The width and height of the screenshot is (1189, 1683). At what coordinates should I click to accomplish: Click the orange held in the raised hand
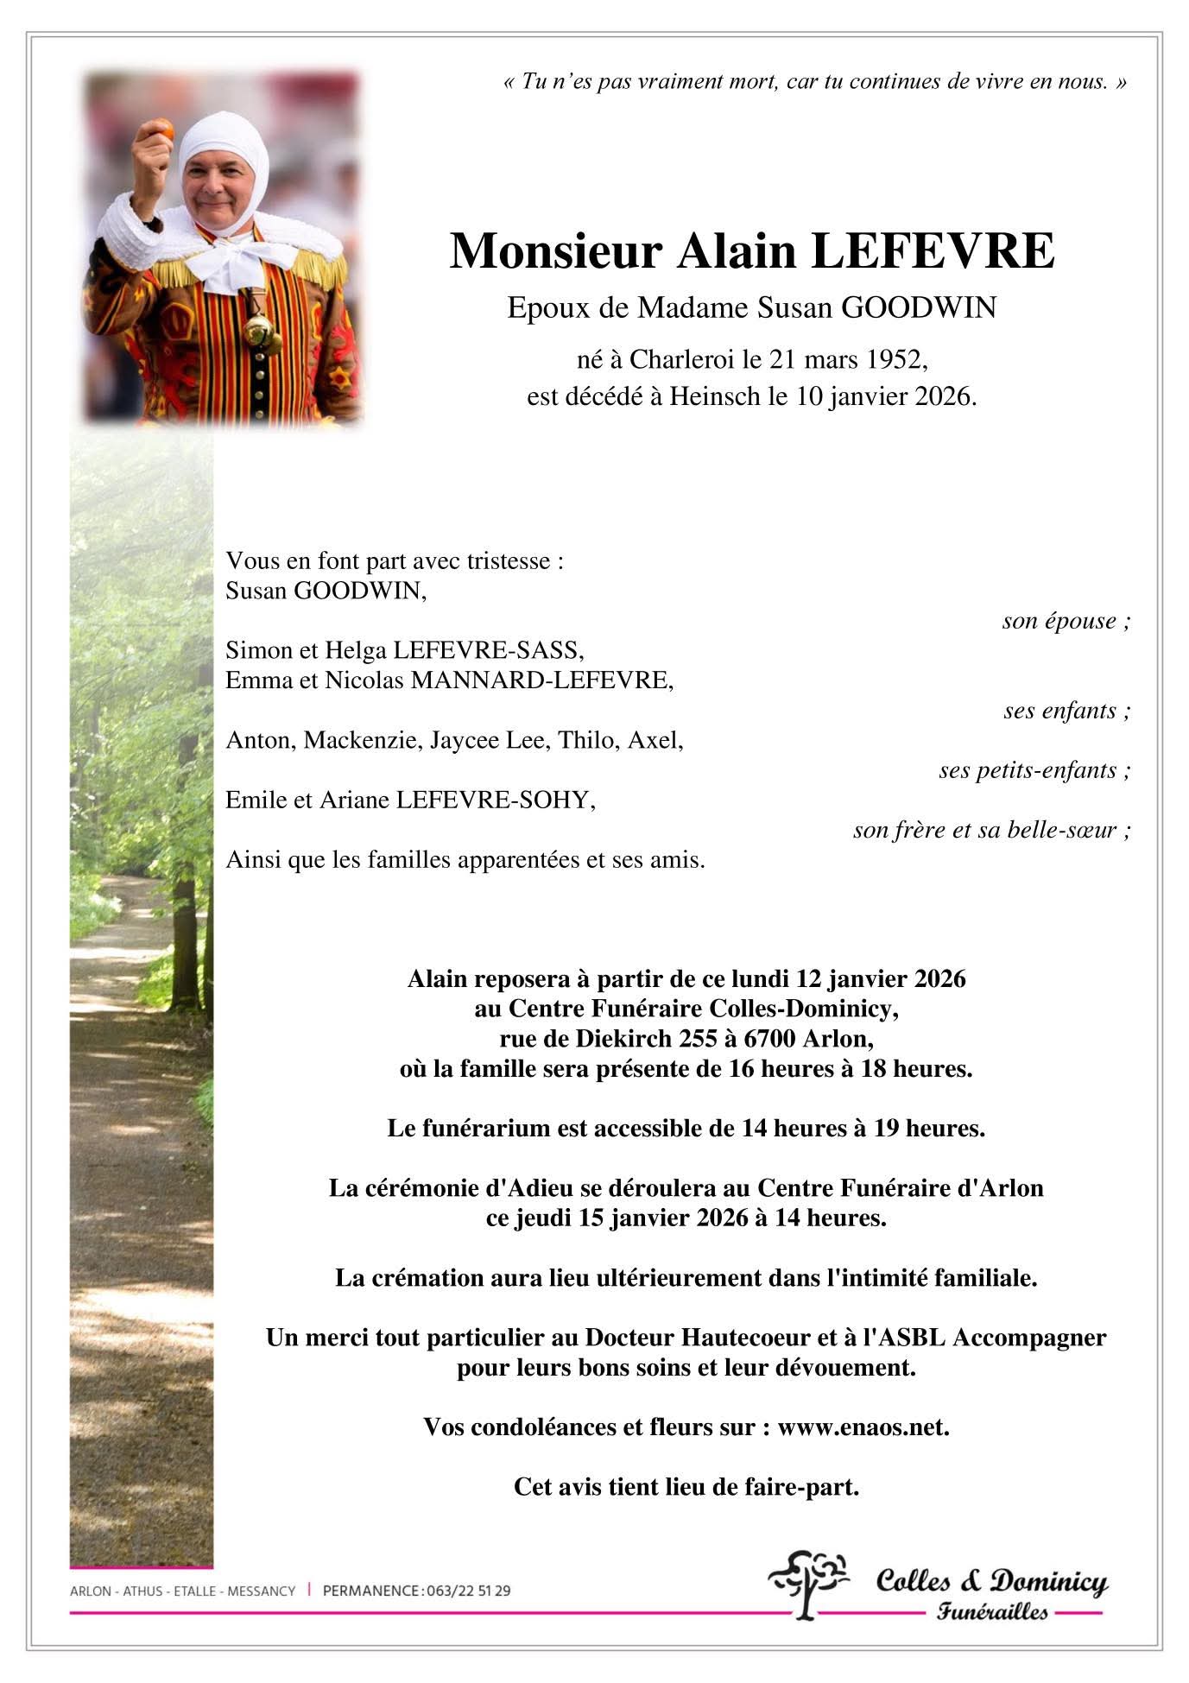tap(161, 130)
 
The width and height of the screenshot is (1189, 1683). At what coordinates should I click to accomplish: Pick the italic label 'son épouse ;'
tap(1066, 621)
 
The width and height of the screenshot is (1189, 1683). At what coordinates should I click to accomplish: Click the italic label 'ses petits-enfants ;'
tap(1034, 770)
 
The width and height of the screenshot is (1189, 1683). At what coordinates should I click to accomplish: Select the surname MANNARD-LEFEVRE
tap(541, 680)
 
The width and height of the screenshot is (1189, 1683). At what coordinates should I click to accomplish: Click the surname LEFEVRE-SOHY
tap(496, 800)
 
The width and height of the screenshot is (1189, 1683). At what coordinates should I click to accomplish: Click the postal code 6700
tap(782, 1039)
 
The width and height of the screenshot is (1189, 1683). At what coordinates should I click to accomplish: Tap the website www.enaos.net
tap(863, 1427)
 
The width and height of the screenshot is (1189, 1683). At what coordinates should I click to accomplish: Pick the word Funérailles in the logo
tap(992, 1611)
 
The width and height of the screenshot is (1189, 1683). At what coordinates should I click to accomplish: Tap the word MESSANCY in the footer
tap(261, 1591)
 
